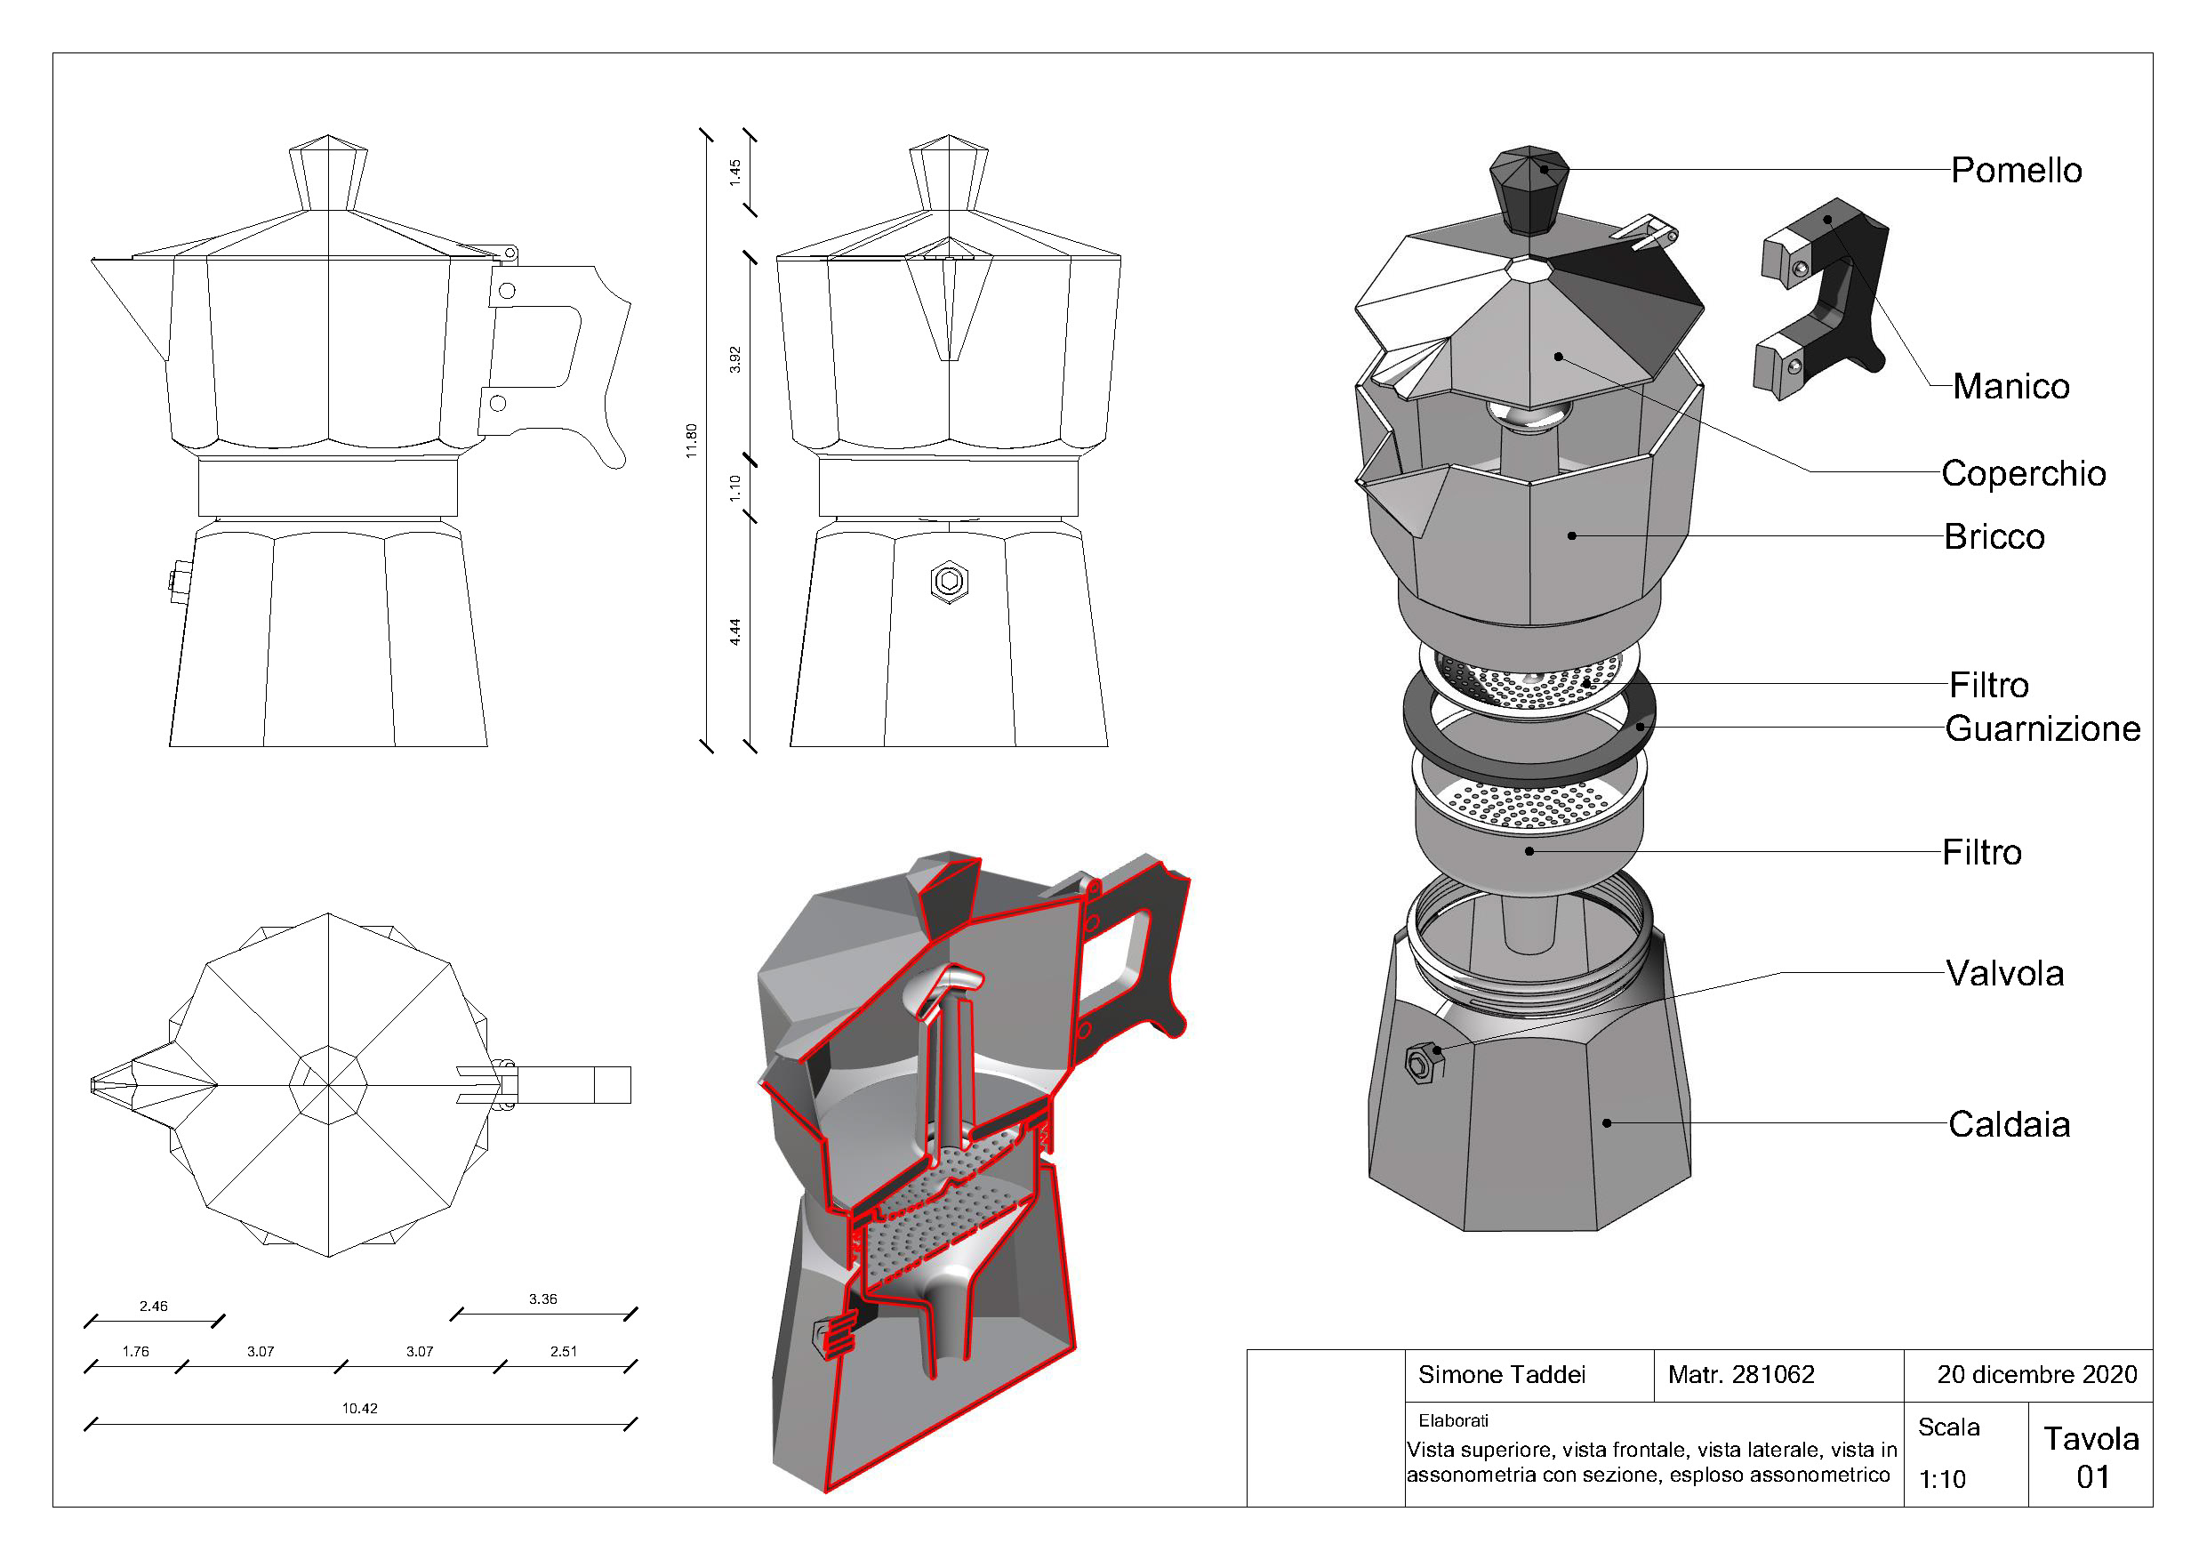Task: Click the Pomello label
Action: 2016,170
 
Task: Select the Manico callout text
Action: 2010,386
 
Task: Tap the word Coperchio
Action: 2024,473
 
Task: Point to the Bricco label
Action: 1994,536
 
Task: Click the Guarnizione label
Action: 2042,728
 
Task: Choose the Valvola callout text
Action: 2005,974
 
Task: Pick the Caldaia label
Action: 2009,1124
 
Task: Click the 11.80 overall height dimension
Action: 691,441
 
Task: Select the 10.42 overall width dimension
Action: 360,1408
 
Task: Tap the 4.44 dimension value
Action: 735,631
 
